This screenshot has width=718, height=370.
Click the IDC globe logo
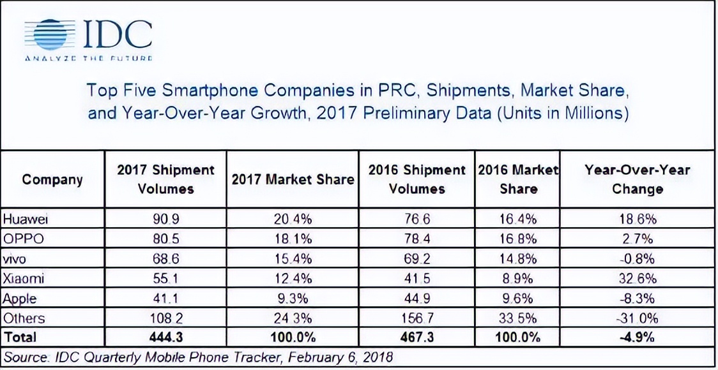50,35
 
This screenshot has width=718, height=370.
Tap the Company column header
52,180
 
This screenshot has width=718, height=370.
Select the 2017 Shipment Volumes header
165,179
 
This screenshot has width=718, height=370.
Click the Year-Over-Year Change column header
637,179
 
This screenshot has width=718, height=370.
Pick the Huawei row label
26,219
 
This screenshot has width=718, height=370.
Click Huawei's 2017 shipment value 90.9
165,220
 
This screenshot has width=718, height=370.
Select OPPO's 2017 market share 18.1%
293,239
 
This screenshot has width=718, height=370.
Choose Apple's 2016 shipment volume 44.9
416,298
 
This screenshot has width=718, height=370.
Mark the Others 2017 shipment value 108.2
165,318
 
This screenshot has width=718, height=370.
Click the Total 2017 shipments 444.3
165,337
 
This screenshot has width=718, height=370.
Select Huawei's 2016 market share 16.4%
518,220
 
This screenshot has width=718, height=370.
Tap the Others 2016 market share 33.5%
518,318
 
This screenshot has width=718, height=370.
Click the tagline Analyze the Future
89,59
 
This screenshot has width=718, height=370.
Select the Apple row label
20,298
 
